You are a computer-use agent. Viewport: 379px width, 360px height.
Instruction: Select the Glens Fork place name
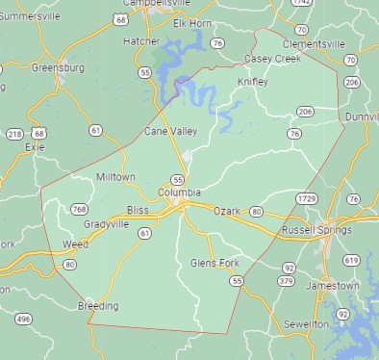(214, 263)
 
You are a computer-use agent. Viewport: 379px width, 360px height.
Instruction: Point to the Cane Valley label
(168, 130)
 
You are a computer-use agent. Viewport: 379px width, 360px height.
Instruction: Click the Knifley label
(253, 82)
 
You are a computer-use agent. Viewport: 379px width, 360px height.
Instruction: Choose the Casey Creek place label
(273, 59)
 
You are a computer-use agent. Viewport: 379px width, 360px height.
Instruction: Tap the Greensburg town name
(58, 68)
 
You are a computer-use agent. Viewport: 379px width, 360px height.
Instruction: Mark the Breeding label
(98, 306)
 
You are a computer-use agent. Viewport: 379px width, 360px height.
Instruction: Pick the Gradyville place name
(106, 224)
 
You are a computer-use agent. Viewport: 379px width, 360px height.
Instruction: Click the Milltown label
(116, 177)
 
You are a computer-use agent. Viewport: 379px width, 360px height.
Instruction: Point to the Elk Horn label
(191, 22)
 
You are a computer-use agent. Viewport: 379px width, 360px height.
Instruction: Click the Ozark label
(226, 210)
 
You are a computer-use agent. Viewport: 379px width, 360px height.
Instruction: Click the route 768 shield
(79, 209)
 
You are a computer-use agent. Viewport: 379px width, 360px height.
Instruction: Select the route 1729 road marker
(308, 197)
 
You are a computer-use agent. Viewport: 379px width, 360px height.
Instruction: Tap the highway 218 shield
(14, 133)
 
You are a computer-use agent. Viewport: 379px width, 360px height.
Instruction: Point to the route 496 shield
(23, 319)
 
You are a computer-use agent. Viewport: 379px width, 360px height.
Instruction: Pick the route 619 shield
(351, 261)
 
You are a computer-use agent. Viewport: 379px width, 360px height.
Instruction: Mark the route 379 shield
(286, 281)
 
